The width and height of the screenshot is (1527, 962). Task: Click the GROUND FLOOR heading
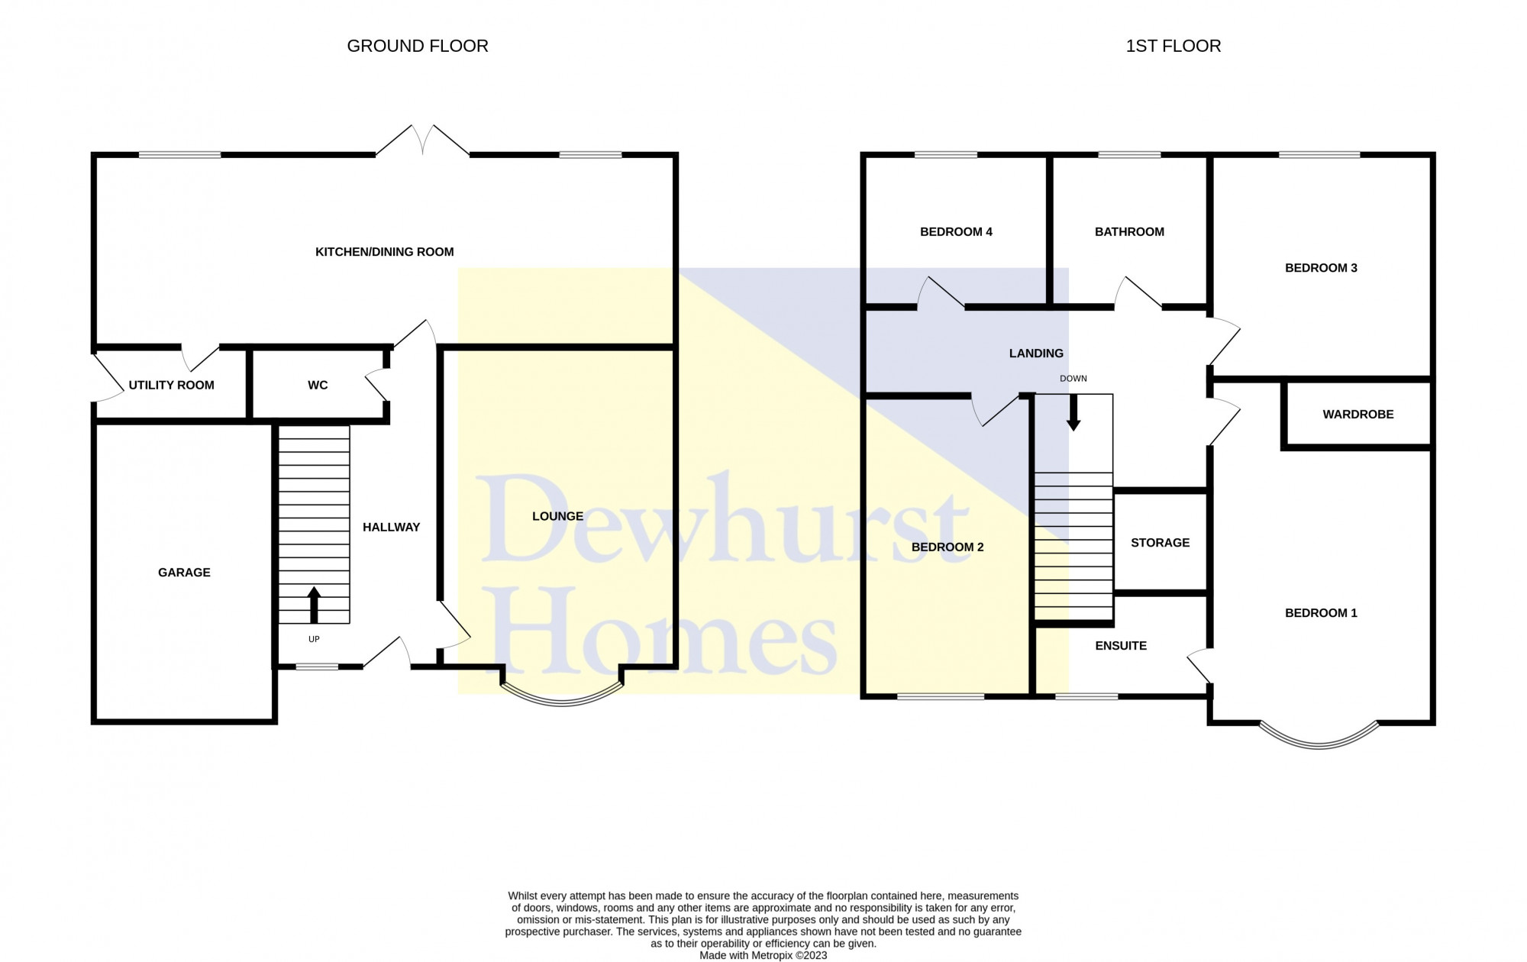tap(418, 46)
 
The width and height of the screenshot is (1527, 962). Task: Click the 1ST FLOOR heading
tap(1173, 46)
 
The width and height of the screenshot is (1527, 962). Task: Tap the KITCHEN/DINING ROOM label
tap(385, 252)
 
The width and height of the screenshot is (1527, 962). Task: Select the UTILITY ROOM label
tap(171, 385)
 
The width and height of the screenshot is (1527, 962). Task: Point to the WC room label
tap(318, 385)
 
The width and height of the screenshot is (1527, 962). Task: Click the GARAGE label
tap(184, 573)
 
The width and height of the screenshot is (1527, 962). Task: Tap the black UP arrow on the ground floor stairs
tap(314, 605)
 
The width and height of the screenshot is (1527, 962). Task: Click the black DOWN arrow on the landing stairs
tap(1073, 412)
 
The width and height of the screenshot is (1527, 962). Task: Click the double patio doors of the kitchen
tap(422, 140)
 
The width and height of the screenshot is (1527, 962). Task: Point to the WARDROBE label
tap(1358, 415)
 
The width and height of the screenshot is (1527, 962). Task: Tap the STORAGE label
tap(1161, 543)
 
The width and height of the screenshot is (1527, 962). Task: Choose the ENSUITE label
tap(1121, 646)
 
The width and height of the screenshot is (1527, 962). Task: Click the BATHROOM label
tap(1129, 232)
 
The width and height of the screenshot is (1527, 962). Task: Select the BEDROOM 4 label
tap(956, 232)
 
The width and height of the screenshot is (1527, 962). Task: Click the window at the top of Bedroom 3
tap(1319, 155)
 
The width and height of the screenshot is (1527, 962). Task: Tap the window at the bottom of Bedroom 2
tap(941, 696)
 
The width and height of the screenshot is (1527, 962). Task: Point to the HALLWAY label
tap(392, 528)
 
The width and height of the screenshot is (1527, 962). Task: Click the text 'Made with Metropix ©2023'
tap(763, 955)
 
